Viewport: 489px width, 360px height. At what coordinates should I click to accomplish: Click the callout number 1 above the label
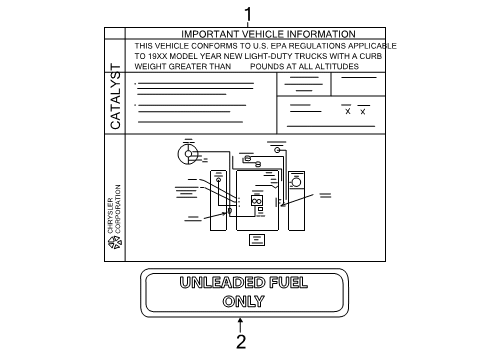[x=248, y=12]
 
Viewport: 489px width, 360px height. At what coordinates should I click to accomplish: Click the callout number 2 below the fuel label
[x=240, y=341]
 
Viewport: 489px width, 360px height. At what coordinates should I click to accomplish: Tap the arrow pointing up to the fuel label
[x=240, y=322]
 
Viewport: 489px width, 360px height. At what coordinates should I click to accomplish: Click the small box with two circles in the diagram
[x=257, y=201]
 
